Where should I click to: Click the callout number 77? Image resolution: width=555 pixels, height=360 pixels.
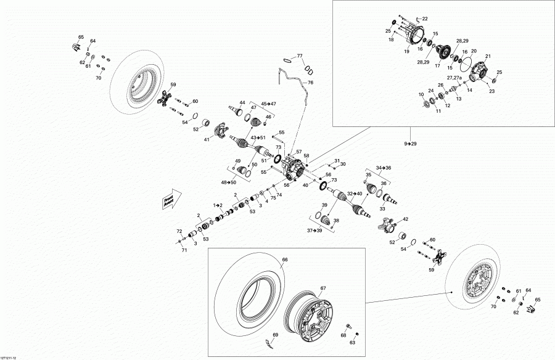(x=300, y=56)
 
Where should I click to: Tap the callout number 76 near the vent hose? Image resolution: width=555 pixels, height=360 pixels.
(x=310, y=83)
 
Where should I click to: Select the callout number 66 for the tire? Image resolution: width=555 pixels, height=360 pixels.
(x=285, y=260)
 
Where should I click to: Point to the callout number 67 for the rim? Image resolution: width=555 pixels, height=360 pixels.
(x=323, y=288)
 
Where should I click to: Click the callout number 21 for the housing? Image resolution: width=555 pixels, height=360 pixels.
(x=487, y=57)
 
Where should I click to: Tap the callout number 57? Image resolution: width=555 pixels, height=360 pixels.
(x=298, y=152)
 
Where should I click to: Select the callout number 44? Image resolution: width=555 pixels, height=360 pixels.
(x=242, y=102)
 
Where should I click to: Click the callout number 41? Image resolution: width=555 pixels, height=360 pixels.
(x=207, y=139)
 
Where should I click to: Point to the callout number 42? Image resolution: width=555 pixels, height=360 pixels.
(x=405, y=219)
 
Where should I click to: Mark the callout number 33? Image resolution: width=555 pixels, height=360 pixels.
(x=382, y=209)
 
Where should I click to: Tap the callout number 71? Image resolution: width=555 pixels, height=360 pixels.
(x=184, y=251)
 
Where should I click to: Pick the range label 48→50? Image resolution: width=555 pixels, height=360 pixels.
(x=236, y=182)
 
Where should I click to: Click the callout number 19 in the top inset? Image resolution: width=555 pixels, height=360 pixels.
(x=406, y=52)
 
